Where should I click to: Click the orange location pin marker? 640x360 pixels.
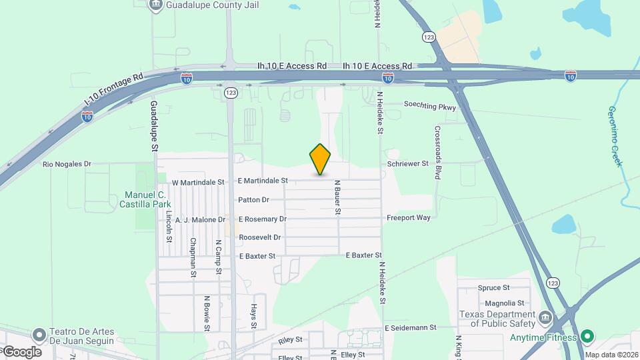(321, 159)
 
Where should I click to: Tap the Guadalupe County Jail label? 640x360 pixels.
(203, 5)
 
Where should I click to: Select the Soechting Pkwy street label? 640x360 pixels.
(430, 105)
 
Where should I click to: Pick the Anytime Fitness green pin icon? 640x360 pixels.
(587, 337)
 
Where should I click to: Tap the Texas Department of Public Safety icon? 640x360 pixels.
(546, 317)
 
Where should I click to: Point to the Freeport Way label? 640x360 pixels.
(409, 217)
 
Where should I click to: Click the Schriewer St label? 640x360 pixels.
(407, 163)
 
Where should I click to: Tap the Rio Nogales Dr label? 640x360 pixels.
(67, 164)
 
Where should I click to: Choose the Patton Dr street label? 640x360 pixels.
(253, 199)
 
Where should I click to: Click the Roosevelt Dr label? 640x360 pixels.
(260, 237)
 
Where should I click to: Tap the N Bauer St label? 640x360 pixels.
(338, 197)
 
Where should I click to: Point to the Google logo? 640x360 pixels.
(21, 351)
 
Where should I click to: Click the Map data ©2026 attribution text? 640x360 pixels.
(612, 355)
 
